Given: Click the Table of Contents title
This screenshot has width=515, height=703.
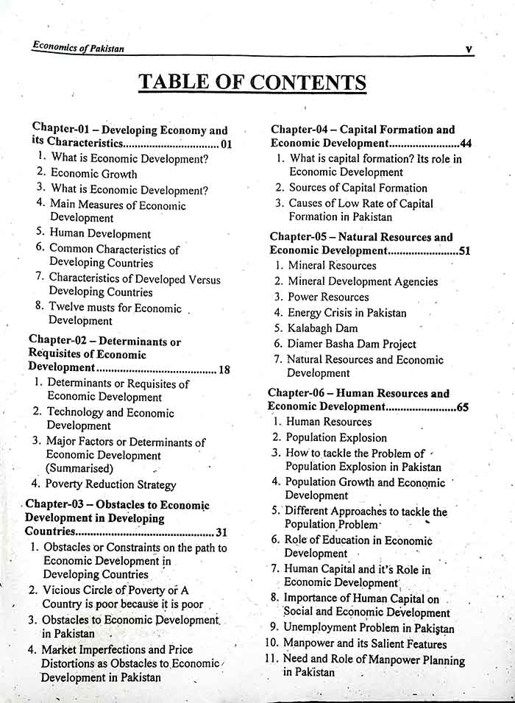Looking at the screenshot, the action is coord(252,81).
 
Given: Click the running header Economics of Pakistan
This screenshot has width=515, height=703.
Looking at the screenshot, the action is coord(78,48).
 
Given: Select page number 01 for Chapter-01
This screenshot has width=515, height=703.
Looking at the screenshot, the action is coord(226,144).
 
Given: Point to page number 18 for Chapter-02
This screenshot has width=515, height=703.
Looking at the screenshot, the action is coord(224,370).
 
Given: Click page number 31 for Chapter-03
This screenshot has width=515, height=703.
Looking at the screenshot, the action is coord(221,532).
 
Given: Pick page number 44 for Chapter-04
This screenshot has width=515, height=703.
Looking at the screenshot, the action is coord(465,143).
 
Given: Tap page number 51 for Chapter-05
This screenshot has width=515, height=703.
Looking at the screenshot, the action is coord(464,251).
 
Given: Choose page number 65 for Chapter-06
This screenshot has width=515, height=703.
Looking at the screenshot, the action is coord(462,406).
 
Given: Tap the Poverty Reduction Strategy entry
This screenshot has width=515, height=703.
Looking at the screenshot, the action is coord(110,484).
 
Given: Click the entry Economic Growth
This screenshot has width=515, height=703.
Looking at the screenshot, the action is coord(93,174).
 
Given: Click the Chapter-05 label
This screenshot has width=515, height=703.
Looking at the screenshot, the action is coord(296,237).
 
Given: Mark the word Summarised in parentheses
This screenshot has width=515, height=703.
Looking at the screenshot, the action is coord(79,468).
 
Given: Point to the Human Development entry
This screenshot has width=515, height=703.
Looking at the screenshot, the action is coord(100,234).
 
